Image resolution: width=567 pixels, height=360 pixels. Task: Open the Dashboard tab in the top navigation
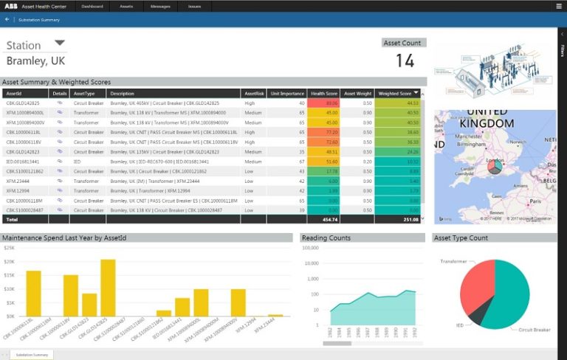(92, 6)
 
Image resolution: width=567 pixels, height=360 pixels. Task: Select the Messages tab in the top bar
(160, 6)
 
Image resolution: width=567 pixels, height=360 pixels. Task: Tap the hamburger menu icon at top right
(560, 6)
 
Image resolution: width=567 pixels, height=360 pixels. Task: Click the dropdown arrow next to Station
(60, 43)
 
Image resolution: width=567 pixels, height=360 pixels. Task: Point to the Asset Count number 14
(405, 60)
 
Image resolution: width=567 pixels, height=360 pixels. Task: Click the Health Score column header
(324, 94)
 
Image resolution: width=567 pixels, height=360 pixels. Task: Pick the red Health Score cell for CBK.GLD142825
(324, 103)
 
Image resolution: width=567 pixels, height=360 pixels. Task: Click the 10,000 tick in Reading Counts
(309, 263)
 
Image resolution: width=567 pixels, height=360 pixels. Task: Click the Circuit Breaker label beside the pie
(535, 330)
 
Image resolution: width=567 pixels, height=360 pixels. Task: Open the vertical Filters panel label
(562, 52)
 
